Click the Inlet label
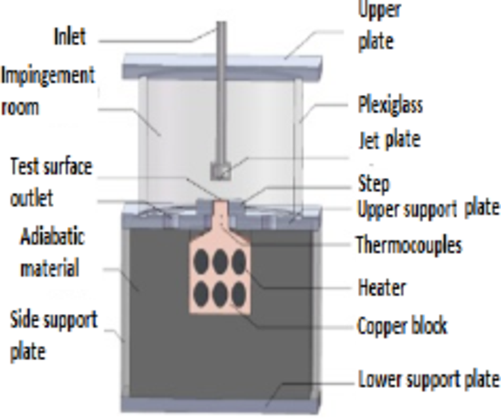70,37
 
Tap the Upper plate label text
379,26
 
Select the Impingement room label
46,91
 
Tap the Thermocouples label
409,245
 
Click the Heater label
381,288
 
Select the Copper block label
402,325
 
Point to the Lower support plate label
428,379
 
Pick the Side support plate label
54,335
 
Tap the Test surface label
51,167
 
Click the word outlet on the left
31,198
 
